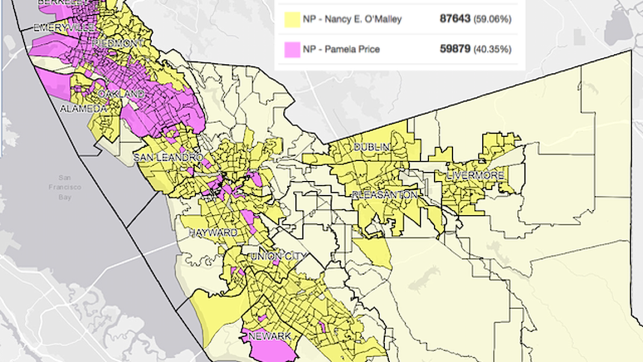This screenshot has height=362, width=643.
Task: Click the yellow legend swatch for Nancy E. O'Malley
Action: point(293,19)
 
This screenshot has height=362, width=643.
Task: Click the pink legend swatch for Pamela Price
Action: point(293,49)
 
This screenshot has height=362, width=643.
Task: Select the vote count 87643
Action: point(455,19)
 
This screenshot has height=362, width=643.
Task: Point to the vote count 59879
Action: point(455,49)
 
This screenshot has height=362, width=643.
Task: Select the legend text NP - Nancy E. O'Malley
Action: point(352,19)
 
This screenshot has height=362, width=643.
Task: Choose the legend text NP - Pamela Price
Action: point(341,49)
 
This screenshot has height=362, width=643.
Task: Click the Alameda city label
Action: point(83,109)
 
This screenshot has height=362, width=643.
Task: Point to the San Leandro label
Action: point(168,157)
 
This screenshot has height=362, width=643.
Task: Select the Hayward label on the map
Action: point(213,232)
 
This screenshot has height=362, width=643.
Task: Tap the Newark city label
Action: point(269,335)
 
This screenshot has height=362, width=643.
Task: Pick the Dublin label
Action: point(371,148)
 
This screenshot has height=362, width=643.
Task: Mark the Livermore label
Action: point(475,176)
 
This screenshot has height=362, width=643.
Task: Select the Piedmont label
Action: point(118,43)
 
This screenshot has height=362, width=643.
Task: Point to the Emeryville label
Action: point(64,28)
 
